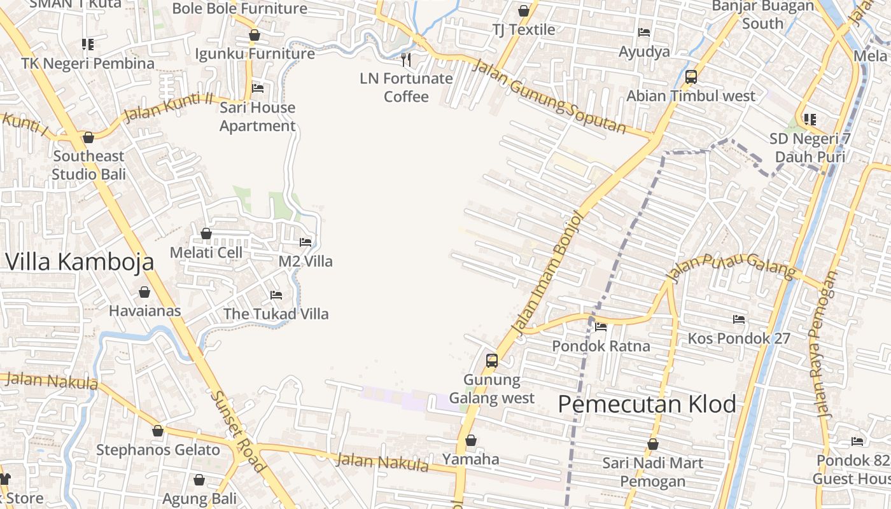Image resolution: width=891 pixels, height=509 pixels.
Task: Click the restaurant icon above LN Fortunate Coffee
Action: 406,60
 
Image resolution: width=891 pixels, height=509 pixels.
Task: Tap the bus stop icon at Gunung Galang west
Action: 491,361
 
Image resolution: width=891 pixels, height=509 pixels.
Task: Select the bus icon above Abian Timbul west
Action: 691,77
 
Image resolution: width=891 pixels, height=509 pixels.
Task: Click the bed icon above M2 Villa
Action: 305,242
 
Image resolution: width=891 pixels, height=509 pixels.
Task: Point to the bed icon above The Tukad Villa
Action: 276,295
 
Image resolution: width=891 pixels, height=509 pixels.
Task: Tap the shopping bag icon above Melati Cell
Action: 206,234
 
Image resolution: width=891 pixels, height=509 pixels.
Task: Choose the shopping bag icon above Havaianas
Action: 144,292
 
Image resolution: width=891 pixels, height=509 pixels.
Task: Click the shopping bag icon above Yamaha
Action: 471,440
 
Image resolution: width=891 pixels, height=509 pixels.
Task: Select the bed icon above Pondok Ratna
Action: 601,327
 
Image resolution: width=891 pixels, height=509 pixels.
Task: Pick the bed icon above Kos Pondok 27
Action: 738,319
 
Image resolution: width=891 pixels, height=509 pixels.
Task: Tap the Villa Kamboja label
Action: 80,261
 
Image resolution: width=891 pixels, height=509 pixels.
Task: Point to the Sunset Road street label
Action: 237,430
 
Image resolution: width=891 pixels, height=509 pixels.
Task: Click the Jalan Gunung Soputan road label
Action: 550,97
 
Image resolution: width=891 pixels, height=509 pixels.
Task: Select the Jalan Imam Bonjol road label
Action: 548,273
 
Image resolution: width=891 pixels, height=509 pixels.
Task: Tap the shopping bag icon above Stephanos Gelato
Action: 158,431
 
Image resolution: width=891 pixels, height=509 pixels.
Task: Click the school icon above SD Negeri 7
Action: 810,120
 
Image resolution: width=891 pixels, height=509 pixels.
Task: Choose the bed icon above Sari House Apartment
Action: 258,88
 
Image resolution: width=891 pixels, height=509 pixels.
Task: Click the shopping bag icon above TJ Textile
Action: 524,11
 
